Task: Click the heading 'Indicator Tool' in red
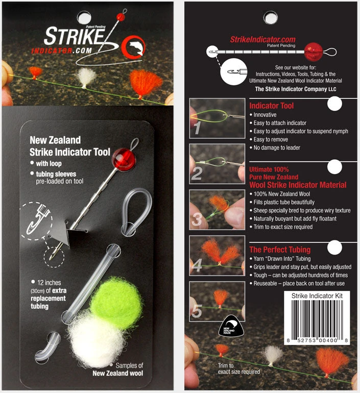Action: (x=271, y=106)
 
